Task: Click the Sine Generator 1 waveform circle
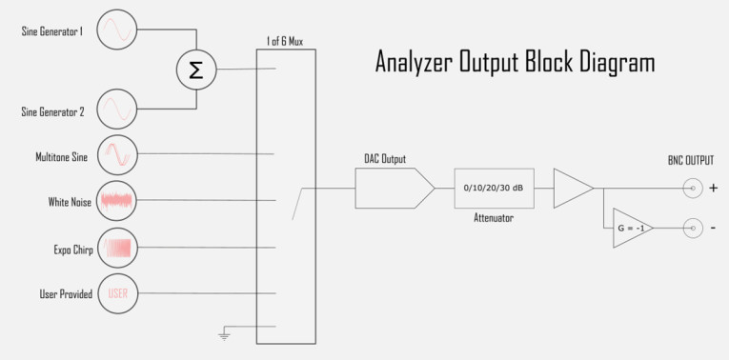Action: coord(117,30)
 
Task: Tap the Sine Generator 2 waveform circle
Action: coord(117,110)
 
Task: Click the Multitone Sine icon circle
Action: coord(117,154)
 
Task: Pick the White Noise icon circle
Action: coord(117,201)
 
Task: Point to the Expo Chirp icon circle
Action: coord(117,248)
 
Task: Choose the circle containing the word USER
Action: coord(117,293)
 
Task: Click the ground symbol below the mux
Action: coord(224,333)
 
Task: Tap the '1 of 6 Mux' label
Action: coord(285,42)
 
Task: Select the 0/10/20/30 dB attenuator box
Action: coord(493,189)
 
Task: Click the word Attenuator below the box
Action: coord(494,218)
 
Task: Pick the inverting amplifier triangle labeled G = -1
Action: coord(630,229)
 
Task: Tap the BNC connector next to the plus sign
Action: coord(694,189)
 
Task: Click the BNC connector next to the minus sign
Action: coord(694,229)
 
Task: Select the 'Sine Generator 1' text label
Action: coord(51,31)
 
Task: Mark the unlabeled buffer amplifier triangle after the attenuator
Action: coord(571,189)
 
